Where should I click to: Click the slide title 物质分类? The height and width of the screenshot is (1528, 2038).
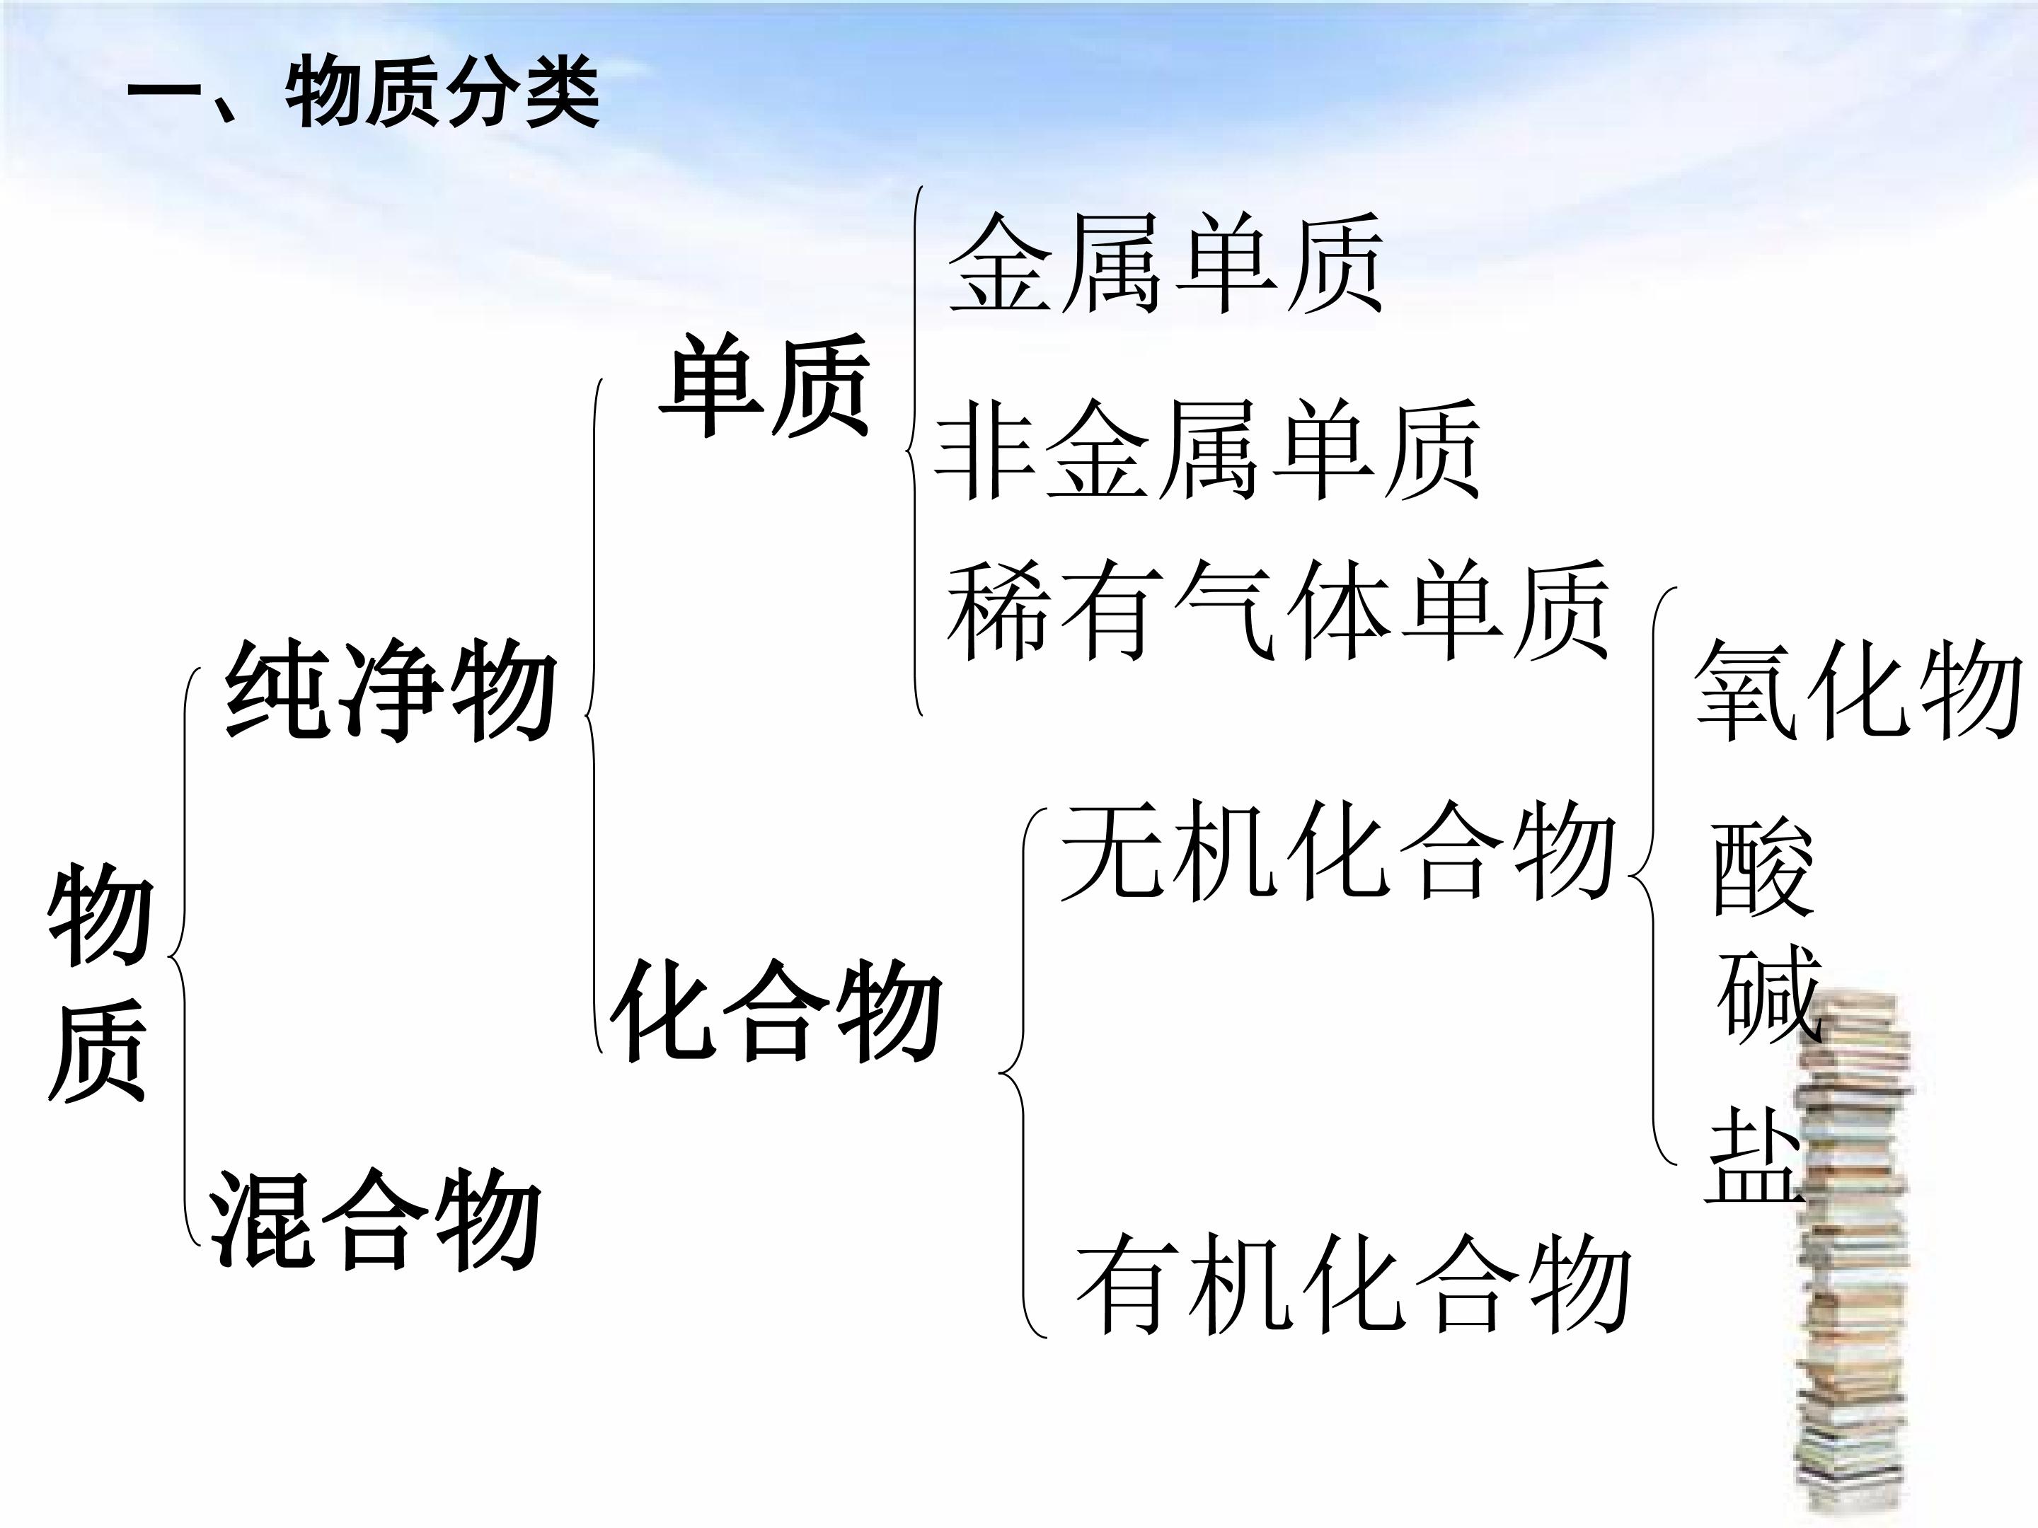pos(442,94)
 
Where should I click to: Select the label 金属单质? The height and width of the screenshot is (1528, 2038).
pos(1166,263)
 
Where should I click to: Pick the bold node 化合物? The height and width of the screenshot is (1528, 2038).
pos(776,1009)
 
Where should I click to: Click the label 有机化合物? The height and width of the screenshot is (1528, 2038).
pos(1354,1285)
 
